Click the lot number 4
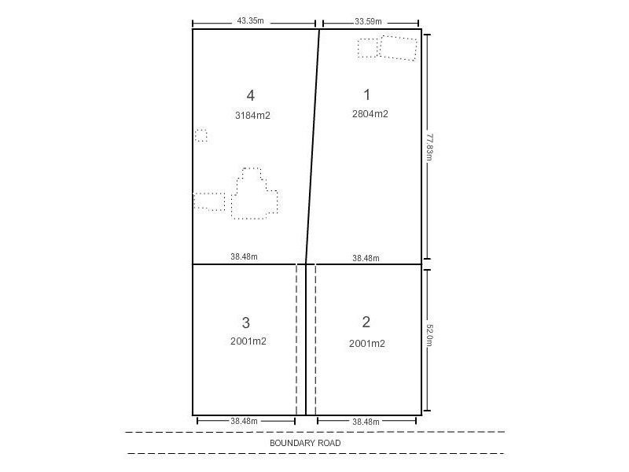250,96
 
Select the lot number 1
366,94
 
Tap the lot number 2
366,322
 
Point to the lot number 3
246,323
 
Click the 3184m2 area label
252,116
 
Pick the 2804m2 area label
370,114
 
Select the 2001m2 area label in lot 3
248,341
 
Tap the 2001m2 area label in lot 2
367,343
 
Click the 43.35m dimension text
250,21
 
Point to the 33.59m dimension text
351,21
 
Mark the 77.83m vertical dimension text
430,146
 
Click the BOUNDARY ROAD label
305,443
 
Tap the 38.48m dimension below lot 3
245,422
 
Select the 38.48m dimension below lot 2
366,422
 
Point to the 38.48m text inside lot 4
245,256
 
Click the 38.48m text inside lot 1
366,257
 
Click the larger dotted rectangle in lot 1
399,48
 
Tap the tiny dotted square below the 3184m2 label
201,135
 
